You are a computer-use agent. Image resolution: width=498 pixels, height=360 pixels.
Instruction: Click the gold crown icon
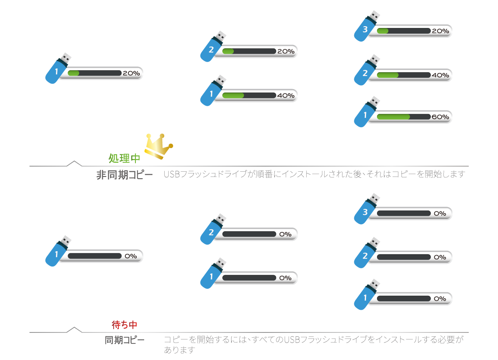pos(158,146)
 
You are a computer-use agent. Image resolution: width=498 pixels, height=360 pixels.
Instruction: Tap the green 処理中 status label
pos(125,159)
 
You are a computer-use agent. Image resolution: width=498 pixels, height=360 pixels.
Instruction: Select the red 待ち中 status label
pos(125,325)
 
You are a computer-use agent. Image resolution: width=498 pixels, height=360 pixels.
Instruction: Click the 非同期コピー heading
pos(125,175)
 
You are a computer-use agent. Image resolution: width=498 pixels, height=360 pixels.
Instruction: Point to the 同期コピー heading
pos(125,340)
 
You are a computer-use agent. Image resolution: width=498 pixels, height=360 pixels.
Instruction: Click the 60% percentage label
pos(440,117)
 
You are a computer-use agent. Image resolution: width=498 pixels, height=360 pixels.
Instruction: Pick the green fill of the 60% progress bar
pos(393,117)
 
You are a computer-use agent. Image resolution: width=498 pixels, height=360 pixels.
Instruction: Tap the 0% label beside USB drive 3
pos(440,214)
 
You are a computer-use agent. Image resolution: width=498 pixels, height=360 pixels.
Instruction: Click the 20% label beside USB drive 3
pos(440,31)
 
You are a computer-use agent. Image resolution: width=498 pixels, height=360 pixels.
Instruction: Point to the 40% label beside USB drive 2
pos(440,75)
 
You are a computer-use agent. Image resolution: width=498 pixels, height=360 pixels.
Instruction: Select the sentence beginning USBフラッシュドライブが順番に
pos(315,174)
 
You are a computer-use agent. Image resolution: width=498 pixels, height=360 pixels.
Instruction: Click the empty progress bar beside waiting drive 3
pos(404,214)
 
